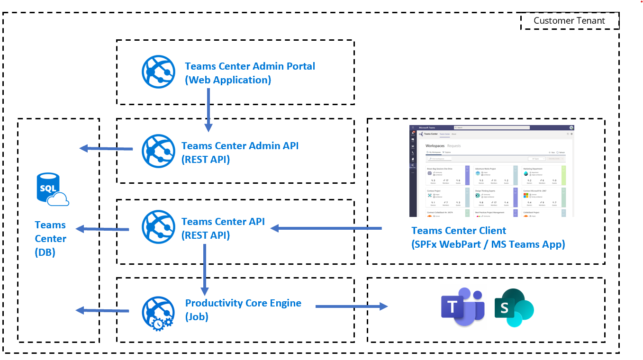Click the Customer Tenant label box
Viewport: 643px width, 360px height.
pos(569,21)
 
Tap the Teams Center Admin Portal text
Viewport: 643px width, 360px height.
pos(250,73)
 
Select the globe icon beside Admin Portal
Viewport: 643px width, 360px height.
pos(158,72)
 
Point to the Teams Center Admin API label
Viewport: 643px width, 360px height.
pos(240,152)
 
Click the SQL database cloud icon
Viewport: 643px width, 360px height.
pos(52,189)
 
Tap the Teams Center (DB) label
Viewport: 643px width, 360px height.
pos(50,239)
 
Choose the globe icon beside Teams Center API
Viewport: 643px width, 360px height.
pos(158,227)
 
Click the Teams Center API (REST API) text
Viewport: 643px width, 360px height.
pos(223,228)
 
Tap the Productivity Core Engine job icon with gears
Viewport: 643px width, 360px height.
pos(158,313)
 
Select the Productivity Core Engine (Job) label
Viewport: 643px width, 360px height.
pos(243,309)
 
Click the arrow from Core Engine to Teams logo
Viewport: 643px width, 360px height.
pos(351,306)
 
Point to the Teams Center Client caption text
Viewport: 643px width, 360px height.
pos(488,237)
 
